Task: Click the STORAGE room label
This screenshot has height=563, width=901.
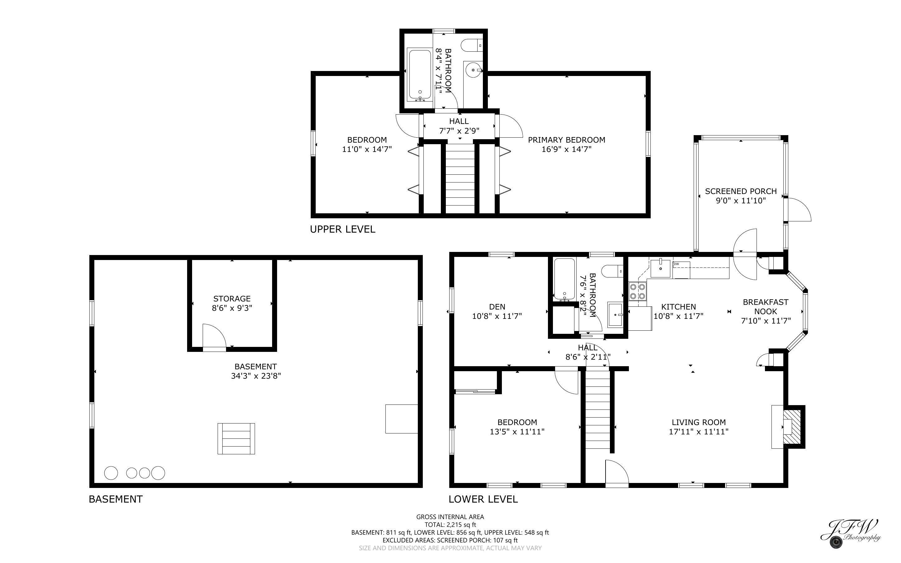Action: pyautogui.click(x=232, y=299)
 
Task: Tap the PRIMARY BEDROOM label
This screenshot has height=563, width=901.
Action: pyautogui.click(x=566, y=140)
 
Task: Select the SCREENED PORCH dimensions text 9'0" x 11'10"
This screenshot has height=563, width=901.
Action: pyautogui.click(x=741, y=201)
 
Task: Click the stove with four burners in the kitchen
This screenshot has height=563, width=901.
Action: pyautogui.click(x=638, y=291)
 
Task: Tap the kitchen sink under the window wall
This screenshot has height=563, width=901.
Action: pyautogui.click(x=660, y=268)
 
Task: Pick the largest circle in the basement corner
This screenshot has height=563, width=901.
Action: pyautogui.click(x=111, y=473)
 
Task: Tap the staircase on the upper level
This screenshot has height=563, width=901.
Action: pyautogui.click(x=460, y=179)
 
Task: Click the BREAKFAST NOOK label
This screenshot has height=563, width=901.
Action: pyautogui.click(x=766, y=306)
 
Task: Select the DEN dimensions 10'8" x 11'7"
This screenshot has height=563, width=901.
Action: pyautogui.click(x=497, y=316)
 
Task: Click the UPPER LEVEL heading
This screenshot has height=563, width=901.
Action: pyautogui.click(x=342, y=229)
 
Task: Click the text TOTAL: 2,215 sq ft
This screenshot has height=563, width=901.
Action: pyautogui.click(x=450, y=525)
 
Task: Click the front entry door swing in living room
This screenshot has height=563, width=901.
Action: pyautogui.click(x=616, y=473)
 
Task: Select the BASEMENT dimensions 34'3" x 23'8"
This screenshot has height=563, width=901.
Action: pyautogui.click(x=256, y=376)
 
